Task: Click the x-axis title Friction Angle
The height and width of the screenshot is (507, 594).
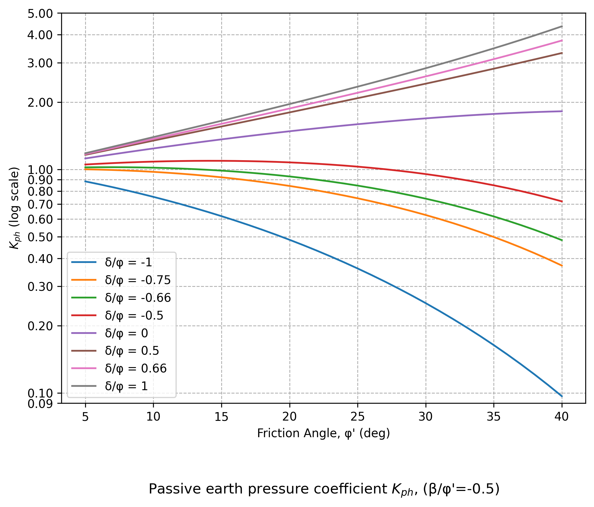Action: tap(323, 433)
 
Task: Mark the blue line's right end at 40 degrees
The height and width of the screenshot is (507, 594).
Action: tap(562, 396)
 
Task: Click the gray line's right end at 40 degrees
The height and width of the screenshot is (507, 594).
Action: tap(562, 26)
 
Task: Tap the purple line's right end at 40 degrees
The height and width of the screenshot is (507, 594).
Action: tap(562, 111)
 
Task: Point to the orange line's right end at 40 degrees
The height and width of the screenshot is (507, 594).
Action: tap(562, 266)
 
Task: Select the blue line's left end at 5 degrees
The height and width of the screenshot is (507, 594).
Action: tap(85, 181)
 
